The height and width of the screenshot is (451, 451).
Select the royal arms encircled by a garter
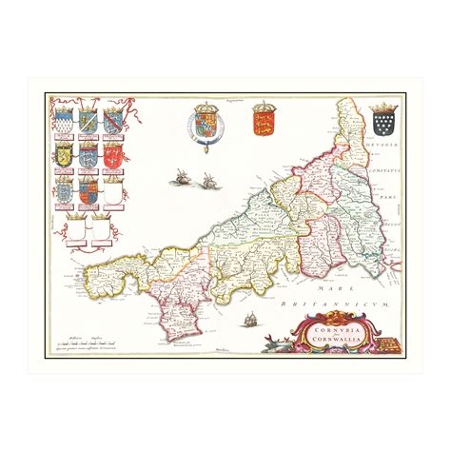[204, 125]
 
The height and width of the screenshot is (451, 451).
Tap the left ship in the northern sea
[180, 176]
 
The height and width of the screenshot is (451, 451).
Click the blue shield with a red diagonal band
[112, 120]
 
